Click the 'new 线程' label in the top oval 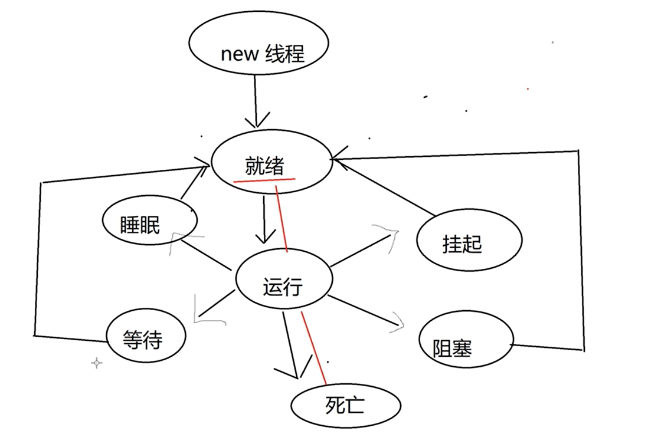262,54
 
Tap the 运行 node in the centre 282,287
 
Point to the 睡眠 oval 140,224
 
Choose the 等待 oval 142,338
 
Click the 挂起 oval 463,244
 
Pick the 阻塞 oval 453,348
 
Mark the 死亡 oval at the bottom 346,405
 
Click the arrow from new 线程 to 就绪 256,100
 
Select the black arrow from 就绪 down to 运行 264,218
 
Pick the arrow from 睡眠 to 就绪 192,183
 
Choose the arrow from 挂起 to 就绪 387,186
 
